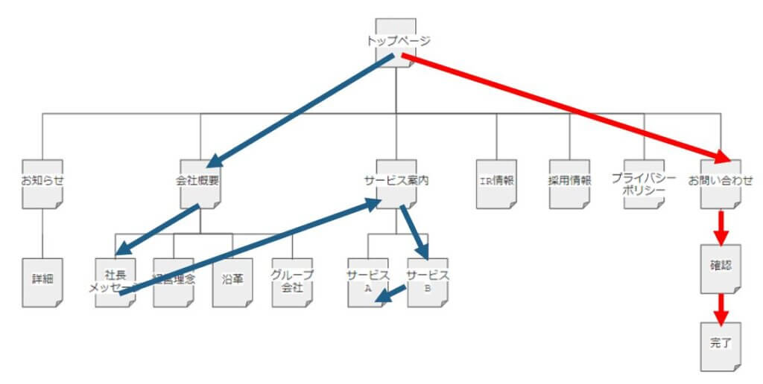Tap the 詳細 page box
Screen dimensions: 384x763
42,282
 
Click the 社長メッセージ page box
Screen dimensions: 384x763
115,282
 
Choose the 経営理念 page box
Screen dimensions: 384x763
174,282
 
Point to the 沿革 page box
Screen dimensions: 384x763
232,282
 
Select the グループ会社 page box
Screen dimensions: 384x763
292,282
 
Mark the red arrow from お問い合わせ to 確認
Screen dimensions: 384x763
721,229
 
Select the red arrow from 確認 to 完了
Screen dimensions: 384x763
721,307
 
